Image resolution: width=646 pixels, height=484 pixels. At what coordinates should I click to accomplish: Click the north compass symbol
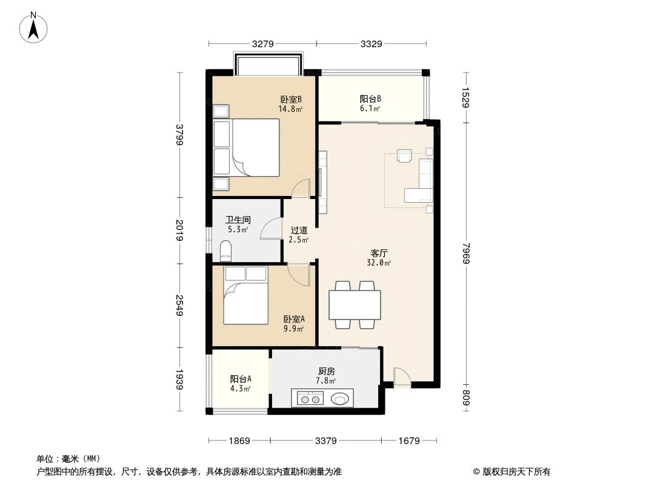34,27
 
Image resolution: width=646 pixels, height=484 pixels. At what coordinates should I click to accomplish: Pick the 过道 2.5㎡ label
299,235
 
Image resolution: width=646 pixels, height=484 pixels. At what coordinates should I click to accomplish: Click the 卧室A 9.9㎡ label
294,324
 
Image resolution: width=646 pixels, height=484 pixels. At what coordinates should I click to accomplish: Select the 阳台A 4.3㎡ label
241,383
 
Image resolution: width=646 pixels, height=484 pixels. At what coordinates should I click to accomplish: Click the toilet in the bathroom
226,250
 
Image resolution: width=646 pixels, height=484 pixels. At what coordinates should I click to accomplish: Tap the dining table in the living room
355,305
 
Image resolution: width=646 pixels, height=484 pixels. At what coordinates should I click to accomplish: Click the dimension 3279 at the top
264,44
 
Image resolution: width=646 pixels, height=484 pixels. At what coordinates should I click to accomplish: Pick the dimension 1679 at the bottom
409,441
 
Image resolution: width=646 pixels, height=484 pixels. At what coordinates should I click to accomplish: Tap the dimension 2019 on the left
179,231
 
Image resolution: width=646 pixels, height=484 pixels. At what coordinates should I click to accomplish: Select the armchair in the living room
404,155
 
